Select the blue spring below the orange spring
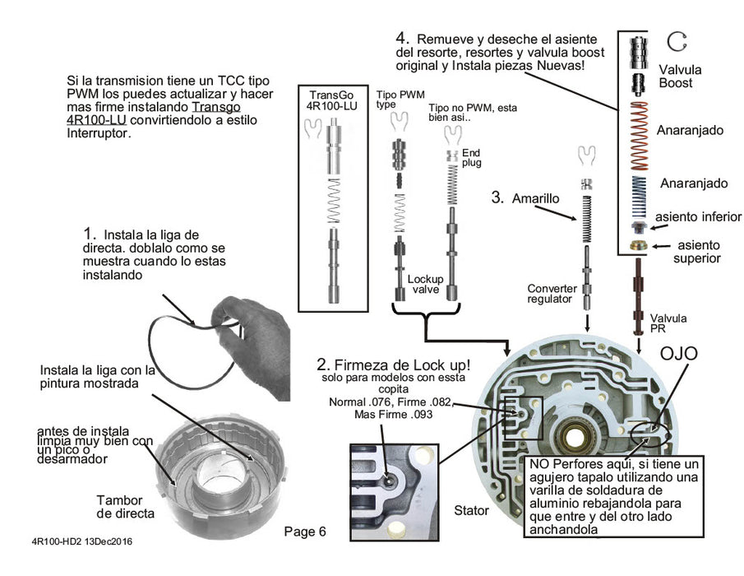pos(639,194)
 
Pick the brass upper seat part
pos(639,247)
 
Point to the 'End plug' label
pos(472,158)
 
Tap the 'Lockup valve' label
pos(425,285)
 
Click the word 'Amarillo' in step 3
pos(539,198)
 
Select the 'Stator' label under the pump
pos(471,511)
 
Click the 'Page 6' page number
pos(304,531)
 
